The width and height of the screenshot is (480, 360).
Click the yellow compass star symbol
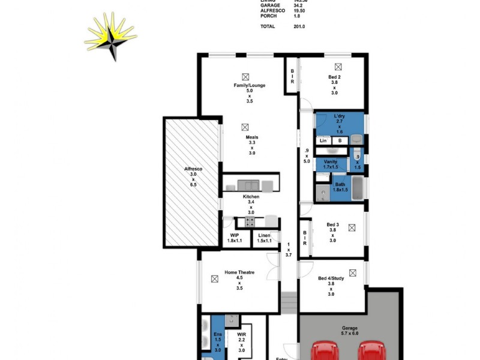(111, 37)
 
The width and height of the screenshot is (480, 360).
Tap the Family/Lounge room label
(250, 85)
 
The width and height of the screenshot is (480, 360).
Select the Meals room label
(251, 137)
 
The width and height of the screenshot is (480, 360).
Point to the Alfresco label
(193, 169)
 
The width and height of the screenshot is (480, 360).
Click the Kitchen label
(251, 197)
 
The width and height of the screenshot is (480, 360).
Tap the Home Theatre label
(239, 272)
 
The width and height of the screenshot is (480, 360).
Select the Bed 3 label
(332, 224)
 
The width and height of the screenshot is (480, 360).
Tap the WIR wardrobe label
(242, 334)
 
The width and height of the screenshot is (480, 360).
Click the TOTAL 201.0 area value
(300, 27)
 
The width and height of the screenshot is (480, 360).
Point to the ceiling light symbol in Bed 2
(338, 67)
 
